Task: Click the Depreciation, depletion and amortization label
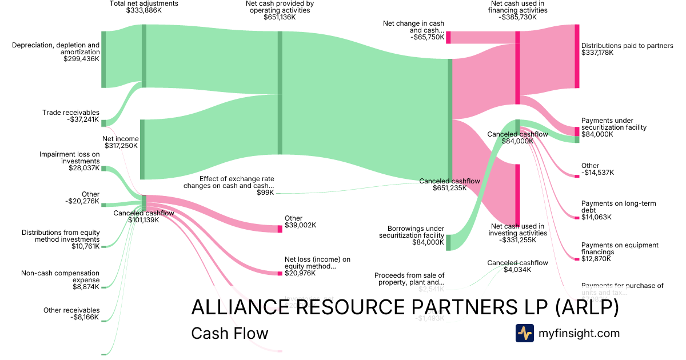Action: tap(55, 51)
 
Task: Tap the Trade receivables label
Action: tap(71, 116)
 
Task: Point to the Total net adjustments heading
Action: tap(143, 7)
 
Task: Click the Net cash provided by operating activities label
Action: tap(280, 10)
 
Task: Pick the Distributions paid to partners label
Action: tap(627, 49)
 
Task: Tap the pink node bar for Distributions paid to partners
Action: tap(577, 56)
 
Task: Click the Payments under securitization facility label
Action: tap(614, 127)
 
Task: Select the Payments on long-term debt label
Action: tap(609, 210)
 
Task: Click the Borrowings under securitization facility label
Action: tap(412, 235)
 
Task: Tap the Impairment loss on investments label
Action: tap(69, 161)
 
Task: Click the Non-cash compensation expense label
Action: tap(60, 280)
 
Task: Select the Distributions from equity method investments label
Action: tap(61, 239)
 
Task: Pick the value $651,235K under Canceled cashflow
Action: tap(450, 188)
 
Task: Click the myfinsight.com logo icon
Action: tap(524, 333)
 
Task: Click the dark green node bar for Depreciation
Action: tap(103, 59)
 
